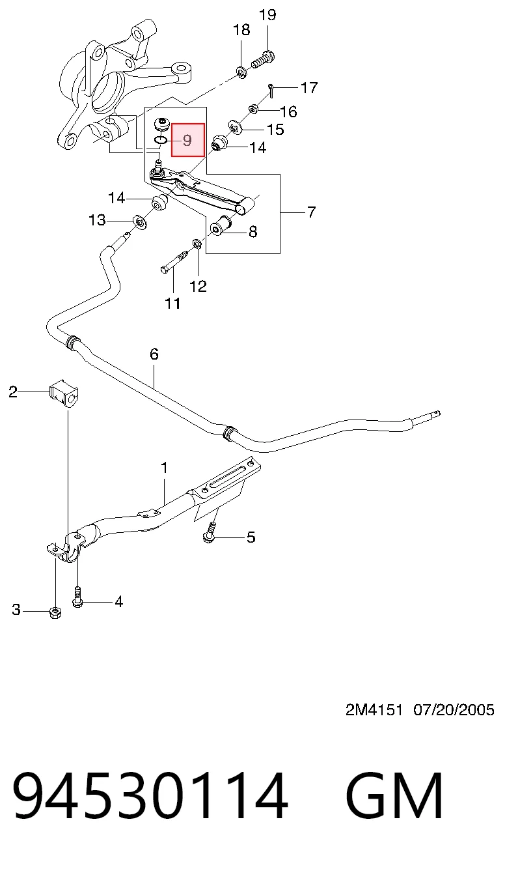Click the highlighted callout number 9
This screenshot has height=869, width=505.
tap(187, 140)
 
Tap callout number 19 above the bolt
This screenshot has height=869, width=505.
tap(267, 15)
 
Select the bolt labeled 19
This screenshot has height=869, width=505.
tap(263, 59)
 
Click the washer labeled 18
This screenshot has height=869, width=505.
tap(241, 72)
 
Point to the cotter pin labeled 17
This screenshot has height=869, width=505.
tap(271, 91)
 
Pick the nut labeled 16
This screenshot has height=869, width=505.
tap(253, 109)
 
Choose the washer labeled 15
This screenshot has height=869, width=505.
tap(234, 126)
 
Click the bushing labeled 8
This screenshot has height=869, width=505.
tap(221, 225)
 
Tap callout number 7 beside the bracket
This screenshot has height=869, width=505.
tap(312, 212)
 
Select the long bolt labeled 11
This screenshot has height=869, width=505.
tap(174, 261)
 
